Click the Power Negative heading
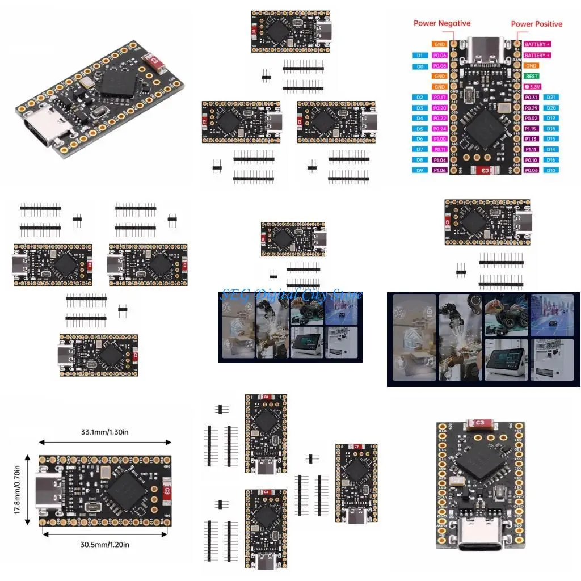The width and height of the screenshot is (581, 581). pos(441,23)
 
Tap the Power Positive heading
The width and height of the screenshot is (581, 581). pos(536,24)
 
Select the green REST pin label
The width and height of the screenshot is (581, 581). pos(532,76)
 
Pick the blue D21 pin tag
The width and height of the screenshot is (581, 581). pos(551,98)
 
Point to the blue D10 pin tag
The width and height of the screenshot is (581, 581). pos(551,170)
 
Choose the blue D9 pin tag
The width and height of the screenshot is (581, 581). pos(420,170)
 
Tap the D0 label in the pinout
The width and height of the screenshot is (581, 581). pos(420,66)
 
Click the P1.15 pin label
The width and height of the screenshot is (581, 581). pos(532,129)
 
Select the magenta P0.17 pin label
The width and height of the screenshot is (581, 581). pos(440,98)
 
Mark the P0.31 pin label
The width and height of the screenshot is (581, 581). pos(532,98)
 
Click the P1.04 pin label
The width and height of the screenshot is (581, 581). pos(440,160)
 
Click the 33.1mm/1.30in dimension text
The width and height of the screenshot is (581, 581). pos(105,432)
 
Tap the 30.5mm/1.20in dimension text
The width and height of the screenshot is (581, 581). pos(105,544)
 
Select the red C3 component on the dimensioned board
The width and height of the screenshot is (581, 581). pos(166,490)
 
